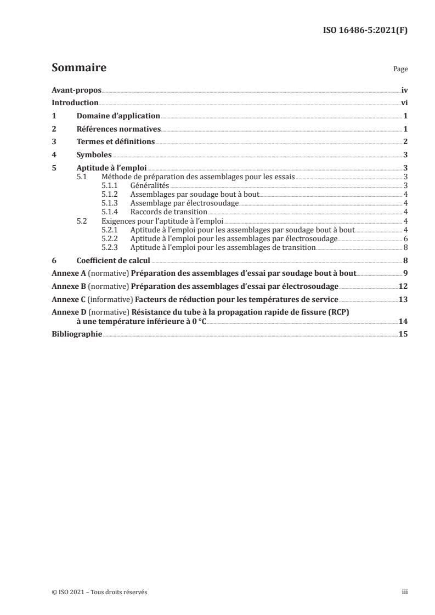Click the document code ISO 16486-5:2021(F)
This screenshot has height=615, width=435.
coord(365,30)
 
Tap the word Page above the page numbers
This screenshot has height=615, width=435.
coord(400,70)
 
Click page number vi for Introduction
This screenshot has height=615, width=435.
coord(404,103)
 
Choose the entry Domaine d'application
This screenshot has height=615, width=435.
coord(117,116)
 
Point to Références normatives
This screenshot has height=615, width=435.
coord(118,129)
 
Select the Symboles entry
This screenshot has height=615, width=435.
coord(94,155)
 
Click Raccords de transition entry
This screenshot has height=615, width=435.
coord(168,212)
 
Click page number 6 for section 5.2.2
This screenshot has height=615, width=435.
coord(405,239)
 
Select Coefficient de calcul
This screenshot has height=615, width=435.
coord(113,261)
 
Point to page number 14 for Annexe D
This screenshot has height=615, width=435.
coord(403,321)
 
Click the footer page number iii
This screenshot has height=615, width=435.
coord(404,592)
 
